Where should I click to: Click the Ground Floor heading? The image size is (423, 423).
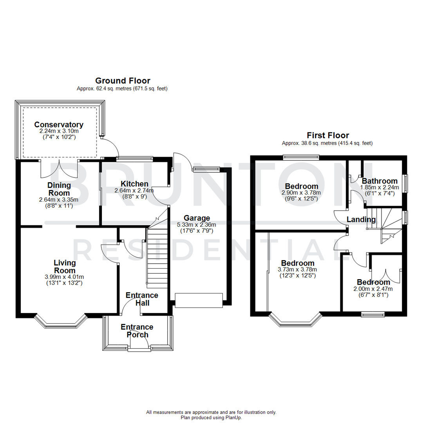pyautogui.click(x=123, y=81)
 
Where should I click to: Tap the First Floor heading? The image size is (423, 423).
pyautogui.click(x=327, y=136)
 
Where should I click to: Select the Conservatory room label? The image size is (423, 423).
pyautogui.click(x=59, y=125)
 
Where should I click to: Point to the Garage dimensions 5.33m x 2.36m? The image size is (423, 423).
pyautogui.click(x=197, y=225)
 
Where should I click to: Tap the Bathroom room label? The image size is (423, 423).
pyautogui.click(x=380, y=181)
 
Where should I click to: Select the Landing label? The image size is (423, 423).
pyautogui.click(x=359, y=220)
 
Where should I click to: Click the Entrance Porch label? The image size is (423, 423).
pyautogui.click(x=137, y=331)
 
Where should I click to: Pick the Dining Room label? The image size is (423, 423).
pyautogui.click(x=59, y=189)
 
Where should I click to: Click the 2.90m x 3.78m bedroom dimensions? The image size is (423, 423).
pyautogui.click(x=301, y=193)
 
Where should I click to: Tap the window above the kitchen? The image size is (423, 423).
pyautogui.click(x=134, y=159)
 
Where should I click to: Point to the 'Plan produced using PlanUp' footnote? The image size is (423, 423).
pyautogui.click(x=211, y=418)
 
